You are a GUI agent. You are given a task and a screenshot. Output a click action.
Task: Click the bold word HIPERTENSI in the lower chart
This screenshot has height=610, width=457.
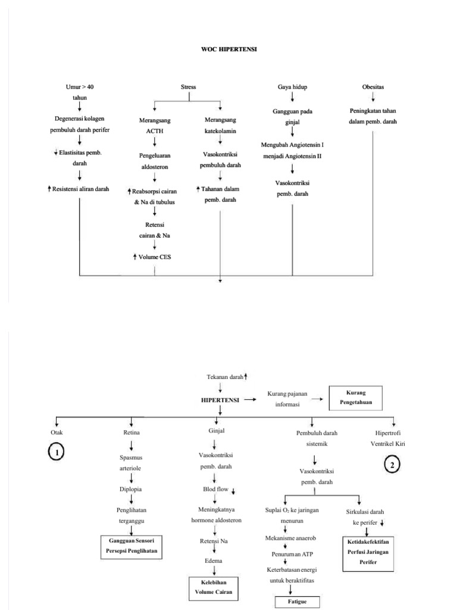click(220, 401)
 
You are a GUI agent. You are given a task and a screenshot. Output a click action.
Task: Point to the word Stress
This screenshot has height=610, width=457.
click(188, 87)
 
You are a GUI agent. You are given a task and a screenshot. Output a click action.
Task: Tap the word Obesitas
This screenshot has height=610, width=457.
click(373, 87)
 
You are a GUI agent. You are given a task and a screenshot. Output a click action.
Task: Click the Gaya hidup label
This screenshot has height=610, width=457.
click(293, 87)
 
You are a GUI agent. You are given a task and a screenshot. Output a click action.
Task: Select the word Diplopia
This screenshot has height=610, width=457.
click(131, 489)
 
